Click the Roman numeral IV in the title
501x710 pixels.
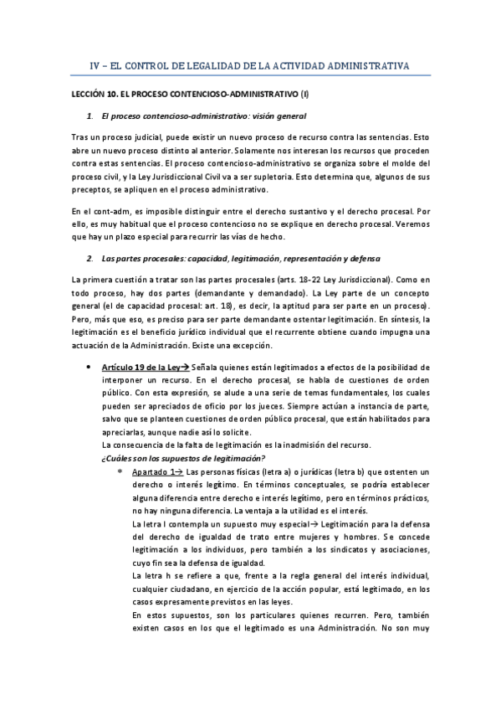pyautogui.click(x=95, y=65)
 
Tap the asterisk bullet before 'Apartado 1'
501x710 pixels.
pyautogui.click(x=120, y=472)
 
